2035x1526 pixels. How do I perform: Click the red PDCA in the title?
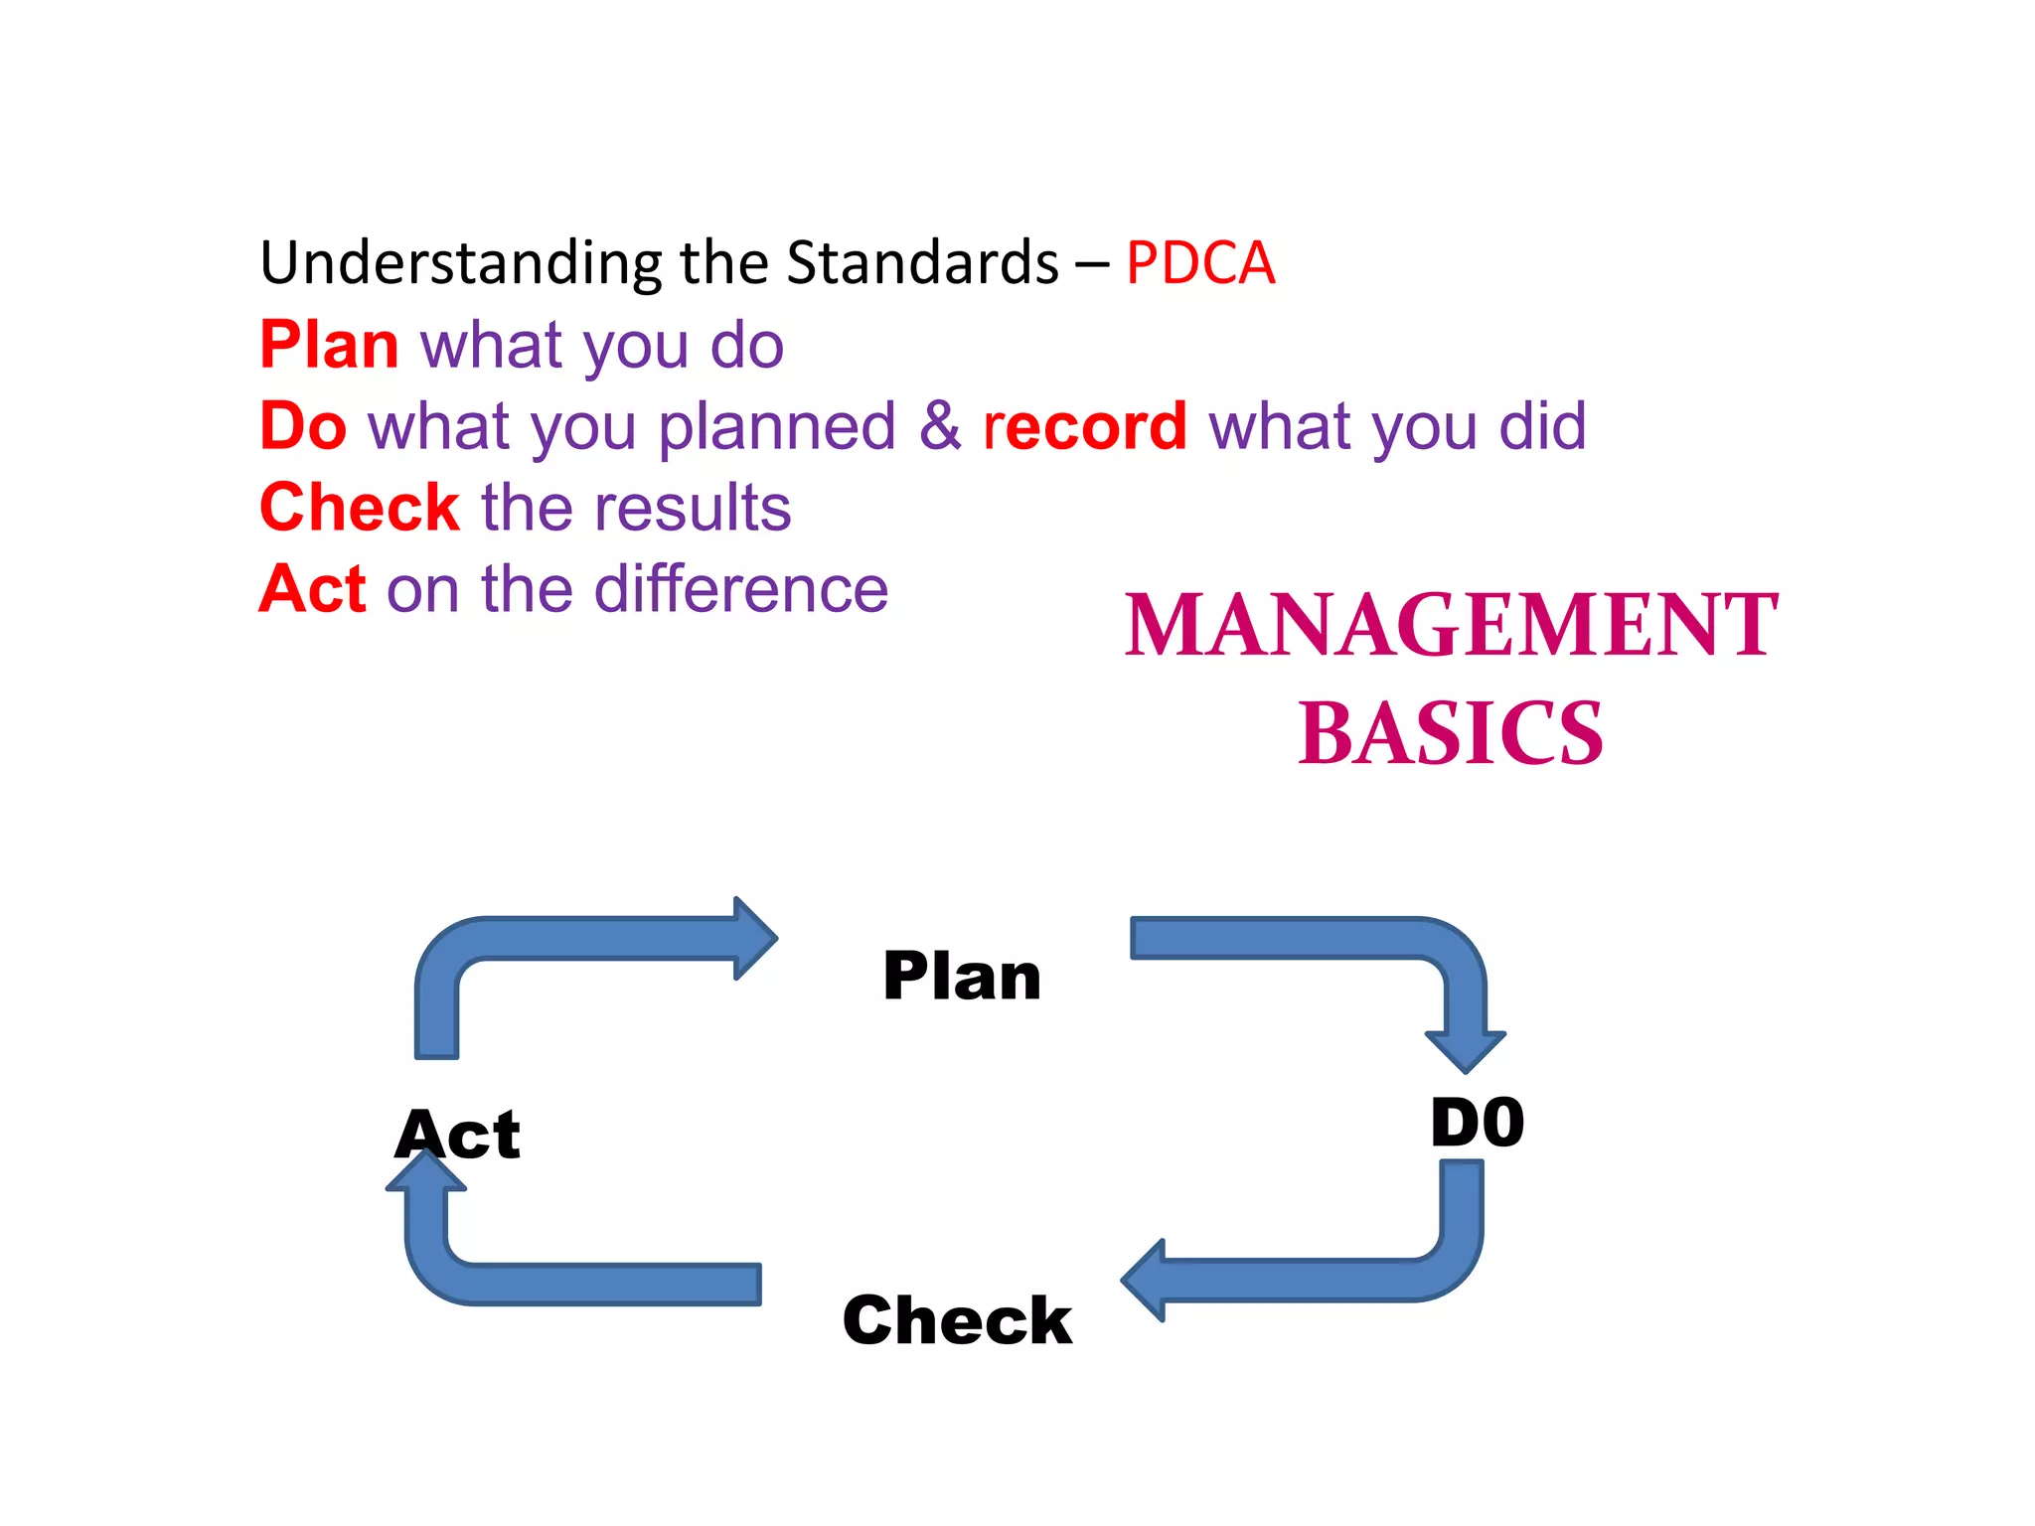(1199, 263)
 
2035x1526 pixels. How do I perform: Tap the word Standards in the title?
(922, 263)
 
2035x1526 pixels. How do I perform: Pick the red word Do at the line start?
(303, 426)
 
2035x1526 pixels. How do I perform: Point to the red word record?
(1084, 426)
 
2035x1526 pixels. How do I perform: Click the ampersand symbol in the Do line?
(939, 426)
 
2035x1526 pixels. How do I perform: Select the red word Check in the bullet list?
(359, 508)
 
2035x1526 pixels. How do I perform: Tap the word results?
(693, 508)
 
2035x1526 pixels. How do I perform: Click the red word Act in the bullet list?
(312, 589)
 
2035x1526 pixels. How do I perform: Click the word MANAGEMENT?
(1451, 625)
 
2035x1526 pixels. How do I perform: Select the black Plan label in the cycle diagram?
(962, 977)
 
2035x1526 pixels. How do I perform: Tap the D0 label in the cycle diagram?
(1477, 1123)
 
